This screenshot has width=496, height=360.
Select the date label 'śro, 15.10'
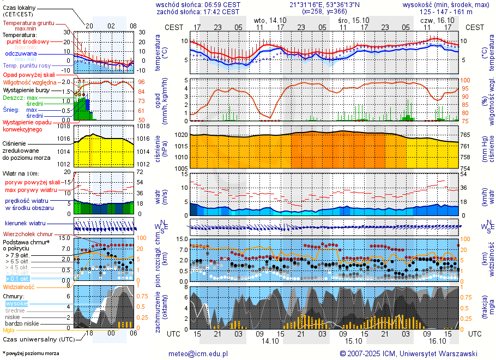click(353, 20)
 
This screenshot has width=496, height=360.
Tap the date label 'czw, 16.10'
click(437, 20)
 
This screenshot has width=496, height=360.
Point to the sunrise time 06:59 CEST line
click(197, 4)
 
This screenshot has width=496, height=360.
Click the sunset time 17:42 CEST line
click(197, 11)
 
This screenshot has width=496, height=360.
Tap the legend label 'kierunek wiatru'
click(26, 224)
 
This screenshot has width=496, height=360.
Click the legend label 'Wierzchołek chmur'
click(27, 233)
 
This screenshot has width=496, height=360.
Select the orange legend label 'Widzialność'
click(19, 286)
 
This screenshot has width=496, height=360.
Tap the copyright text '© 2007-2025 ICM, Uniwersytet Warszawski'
click(408, 353)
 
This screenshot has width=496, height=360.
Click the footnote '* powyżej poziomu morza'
click(31, 353)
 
